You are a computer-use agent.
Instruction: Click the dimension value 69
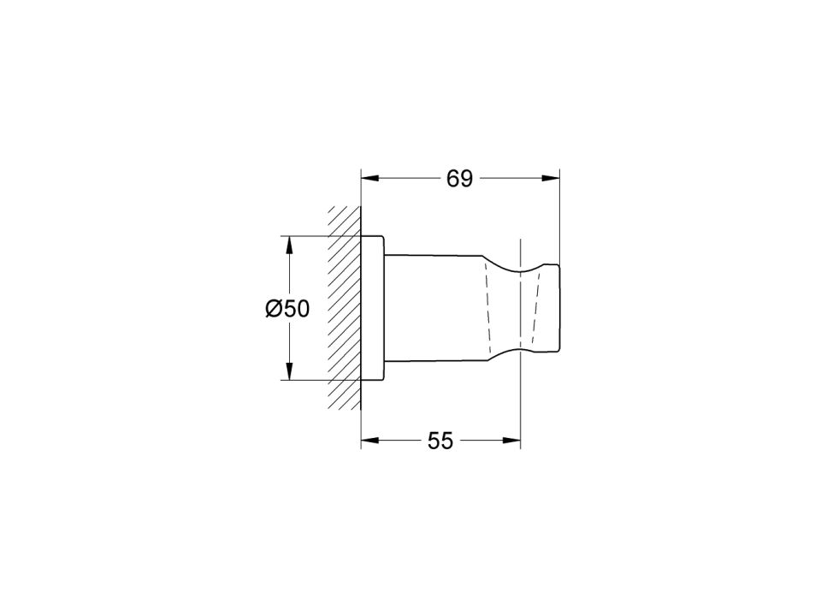point(459,179)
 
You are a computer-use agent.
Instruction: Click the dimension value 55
point(440,441)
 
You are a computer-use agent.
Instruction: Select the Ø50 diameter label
point(287,309)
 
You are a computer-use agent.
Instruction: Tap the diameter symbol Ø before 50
point(274,309)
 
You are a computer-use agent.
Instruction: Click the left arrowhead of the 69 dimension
point(369,179)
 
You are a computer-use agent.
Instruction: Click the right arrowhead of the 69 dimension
point(551,179)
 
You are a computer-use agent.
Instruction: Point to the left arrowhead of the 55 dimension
point(369,441)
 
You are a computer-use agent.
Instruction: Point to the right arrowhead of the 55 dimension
point(512,441)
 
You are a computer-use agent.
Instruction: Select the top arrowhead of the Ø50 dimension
point(288,245)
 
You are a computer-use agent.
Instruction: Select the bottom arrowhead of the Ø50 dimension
point(288,371)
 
